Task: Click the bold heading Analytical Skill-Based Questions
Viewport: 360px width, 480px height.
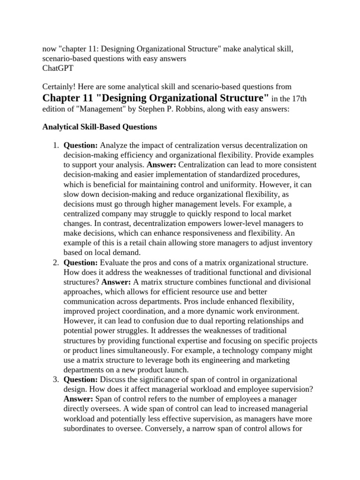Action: point(100,127)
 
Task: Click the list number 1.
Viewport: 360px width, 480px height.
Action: point(55,146)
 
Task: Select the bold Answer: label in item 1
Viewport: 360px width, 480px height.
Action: point(162,165)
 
